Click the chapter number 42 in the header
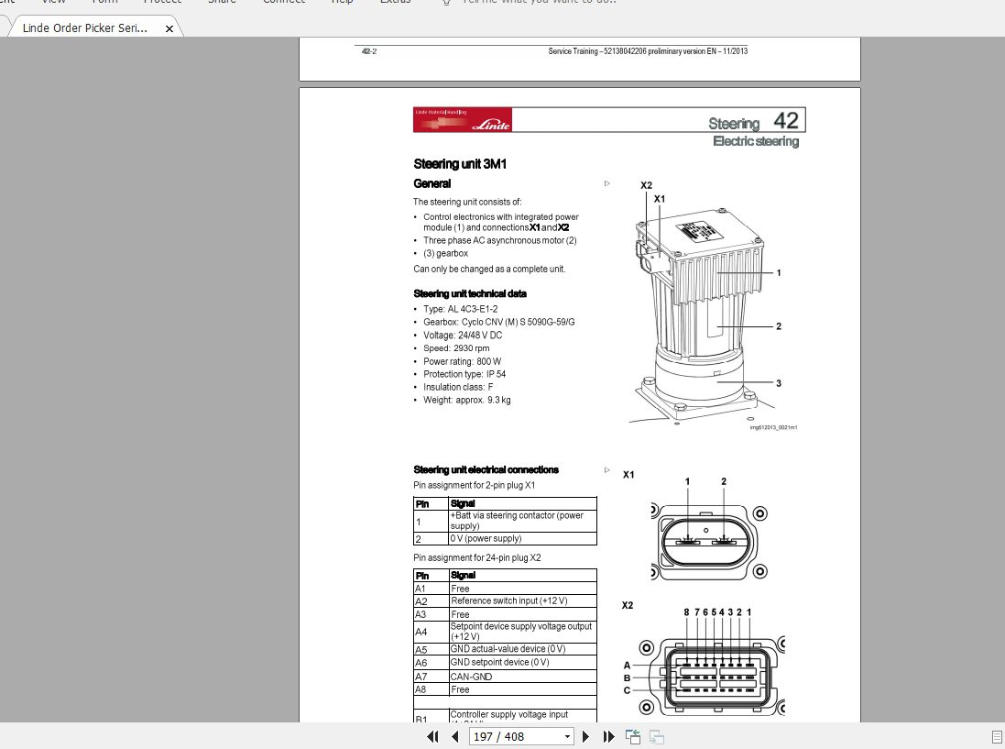(x=785, y=121)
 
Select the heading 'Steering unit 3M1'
(x=460, y=164)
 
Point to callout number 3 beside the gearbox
(x=778, y=383)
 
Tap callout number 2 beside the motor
(x=778, y=326)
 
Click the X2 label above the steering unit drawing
(x=646, y=185)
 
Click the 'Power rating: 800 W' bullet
(x=463, y=361)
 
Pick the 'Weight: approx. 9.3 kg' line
(x=466, y=400)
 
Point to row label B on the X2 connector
(x=628, y=677)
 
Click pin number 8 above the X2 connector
(x=686, y=611)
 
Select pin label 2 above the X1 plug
(x=724, y=481)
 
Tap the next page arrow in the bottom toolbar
(x=586, y=736)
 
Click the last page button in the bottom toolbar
(x=608, y=736)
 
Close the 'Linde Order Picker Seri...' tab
(x=169, y=28)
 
